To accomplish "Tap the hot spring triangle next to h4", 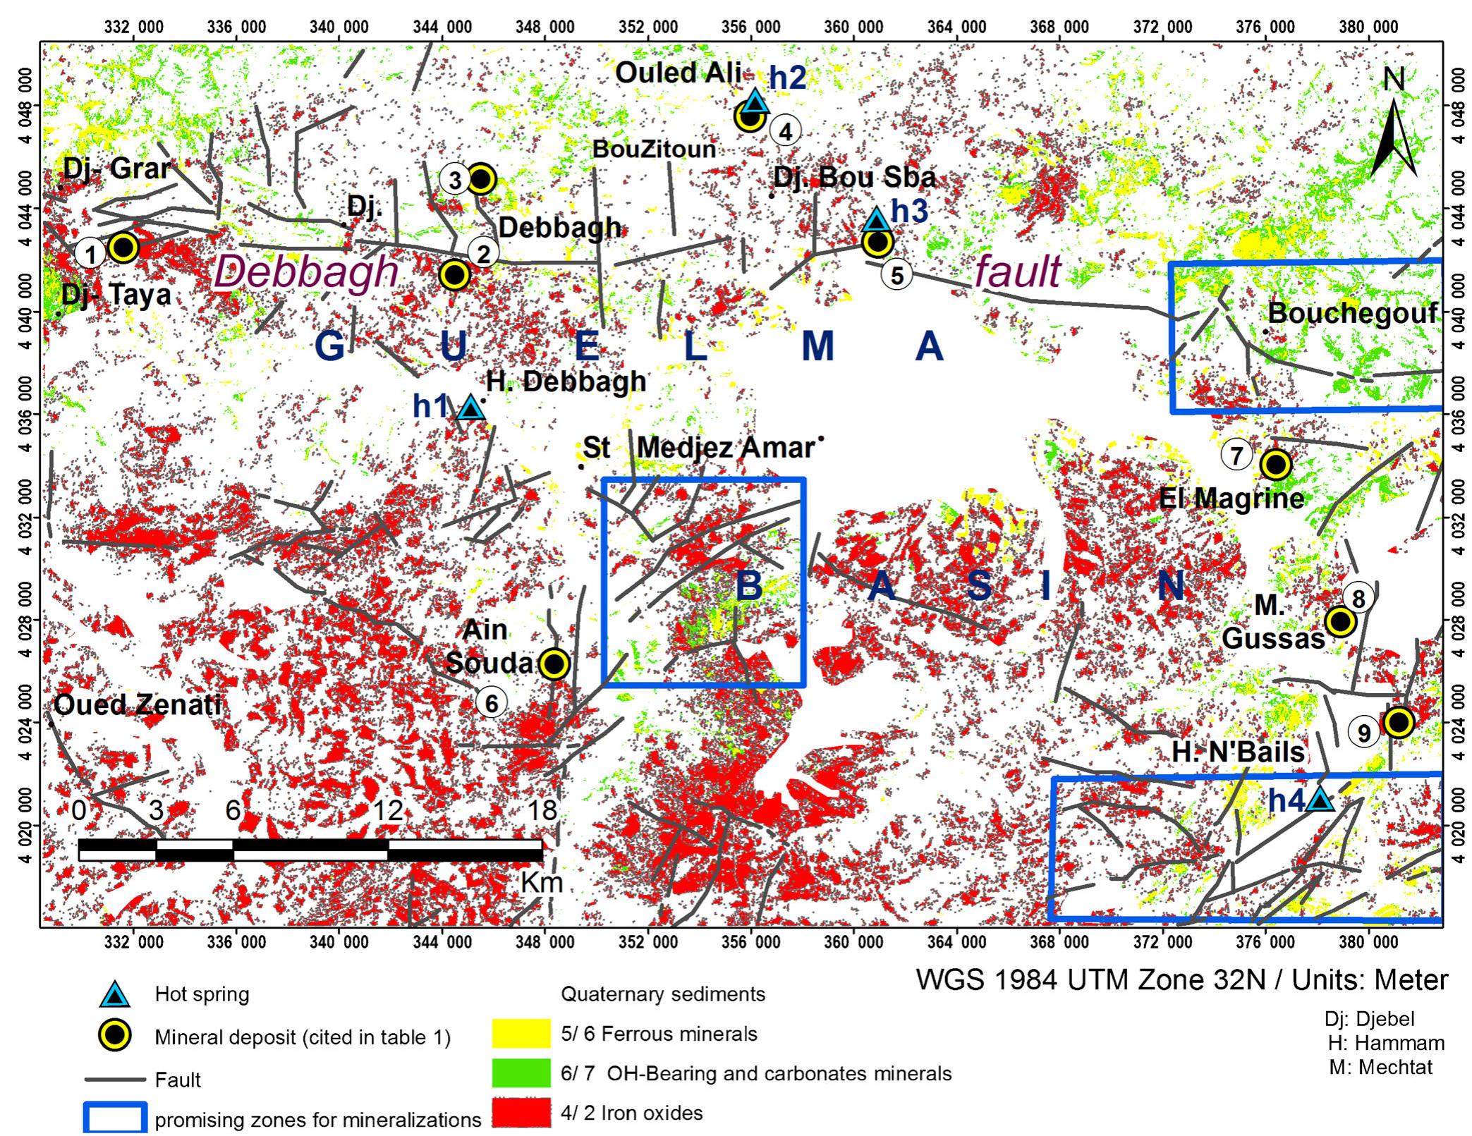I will [1320, 800].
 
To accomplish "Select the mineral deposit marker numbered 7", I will [1275, 465].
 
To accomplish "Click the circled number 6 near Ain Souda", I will [491, 702].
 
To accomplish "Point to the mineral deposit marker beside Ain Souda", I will [554, 664].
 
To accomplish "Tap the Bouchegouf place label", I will [1352, 312].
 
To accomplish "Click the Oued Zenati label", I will [138, 704].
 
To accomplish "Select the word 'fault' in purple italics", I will [1017, 271].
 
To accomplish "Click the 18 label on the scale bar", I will [542, 810].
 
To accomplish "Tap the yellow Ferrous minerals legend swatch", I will [521, 1034].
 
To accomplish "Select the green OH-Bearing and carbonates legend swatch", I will [521, 1073].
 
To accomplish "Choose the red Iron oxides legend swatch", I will [521, 1113].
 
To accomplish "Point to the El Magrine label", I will [1231, 499].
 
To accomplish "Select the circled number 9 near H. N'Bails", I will [1365, 733].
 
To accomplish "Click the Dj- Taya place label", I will [116, 295].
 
